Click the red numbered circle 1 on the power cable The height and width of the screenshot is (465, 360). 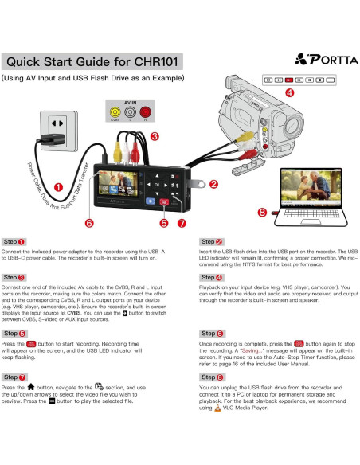pos(58,188)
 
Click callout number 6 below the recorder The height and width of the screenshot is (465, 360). pos(89,224)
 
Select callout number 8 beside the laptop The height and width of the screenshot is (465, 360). pos(262,212)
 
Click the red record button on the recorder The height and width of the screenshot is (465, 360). pos(163,202)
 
